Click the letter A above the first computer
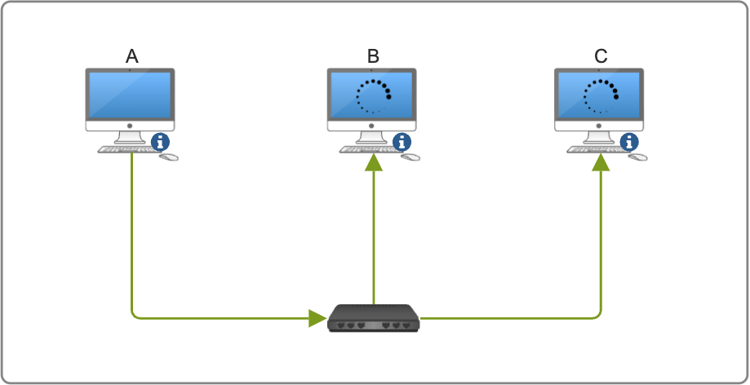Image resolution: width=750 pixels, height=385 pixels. [x=132, y=56]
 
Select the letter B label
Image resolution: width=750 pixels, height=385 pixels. [x=373, y=56]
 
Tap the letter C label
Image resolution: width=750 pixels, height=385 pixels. [x=601, y=56]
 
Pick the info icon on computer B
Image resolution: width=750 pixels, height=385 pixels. [x=402, y=142]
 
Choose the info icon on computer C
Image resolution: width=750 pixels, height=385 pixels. [x=630, y=142]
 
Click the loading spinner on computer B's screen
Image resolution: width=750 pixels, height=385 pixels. [x=373, y=96]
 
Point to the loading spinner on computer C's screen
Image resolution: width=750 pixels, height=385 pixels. [x=601, y=96]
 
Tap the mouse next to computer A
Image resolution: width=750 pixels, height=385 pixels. [x=169, y=156]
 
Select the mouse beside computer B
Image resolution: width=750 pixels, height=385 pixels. [x=411, y=156]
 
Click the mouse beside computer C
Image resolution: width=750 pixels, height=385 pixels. [x=638, y=156]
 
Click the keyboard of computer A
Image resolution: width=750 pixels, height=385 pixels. [x=124, y=149]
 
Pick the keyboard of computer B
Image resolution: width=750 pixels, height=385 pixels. [x=365, y=149]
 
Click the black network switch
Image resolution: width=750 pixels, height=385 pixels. [x=373, y=318]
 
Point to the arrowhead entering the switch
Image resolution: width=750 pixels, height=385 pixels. [x=317, y=318]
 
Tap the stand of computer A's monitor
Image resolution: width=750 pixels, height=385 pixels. [x=130, y=137]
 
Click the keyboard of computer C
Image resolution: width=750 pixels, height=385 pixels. [x=592, y=149]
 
